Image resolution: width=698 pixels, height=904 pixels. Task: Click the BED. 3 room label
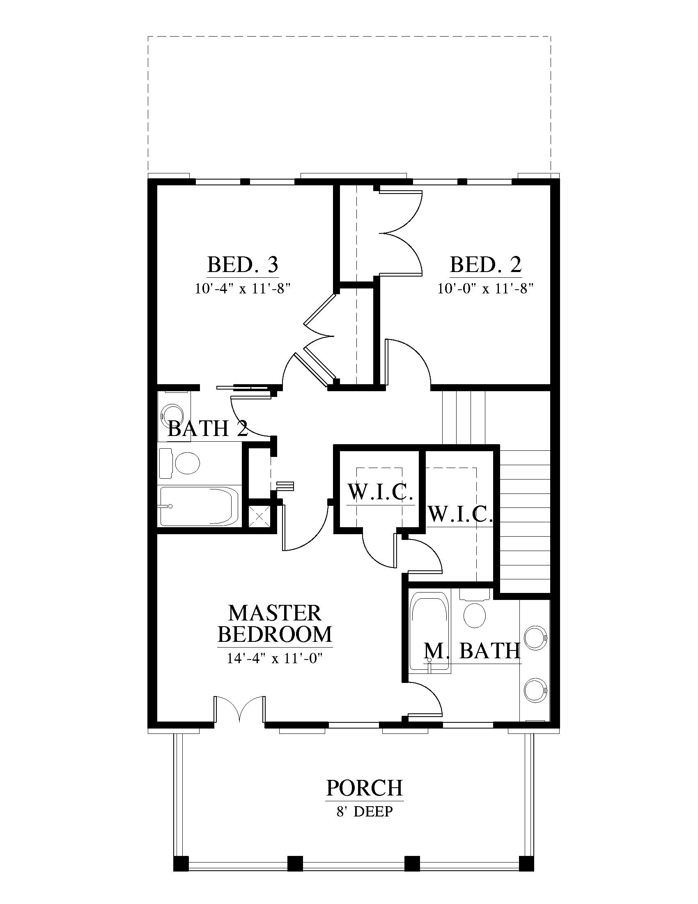click(243, 265)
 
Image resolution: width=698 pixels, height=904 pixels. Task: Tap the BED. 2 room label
click(486, 265)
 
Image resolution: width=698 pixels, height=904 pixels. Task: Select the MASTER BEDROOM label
click(275, 623)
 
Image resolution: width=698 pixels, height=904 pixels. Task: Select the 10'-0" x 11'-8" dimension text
click(485, 288)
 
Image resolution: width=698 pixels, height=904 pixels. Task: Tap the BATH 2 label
click(208, 429)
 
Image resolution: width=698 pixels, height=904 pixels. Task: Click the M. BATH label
click(472, 651)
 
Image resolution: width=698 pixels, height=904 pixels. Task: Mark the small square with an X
click(259, 516)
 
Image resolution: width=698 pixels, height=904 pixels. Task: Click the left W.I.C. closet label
click(381, 492)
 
